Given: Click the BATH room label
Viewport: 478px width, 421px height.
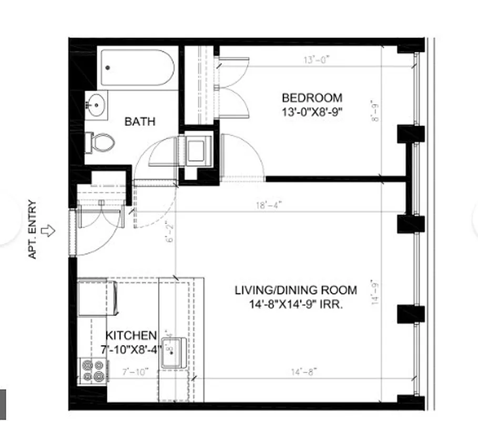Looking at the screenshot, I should pos(140,122).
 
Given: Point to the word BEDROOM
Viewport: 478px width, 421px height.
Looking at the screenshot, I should pos(312,98).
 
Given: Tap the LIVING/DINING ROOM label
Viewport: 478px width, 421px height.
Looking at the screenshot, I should pos(296,290).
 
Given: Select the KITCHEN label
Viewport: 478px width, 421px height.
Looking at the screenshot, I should pos(131,335).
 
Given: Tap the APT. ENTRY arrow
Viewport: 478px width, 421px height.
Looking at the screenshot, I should pos(48,230).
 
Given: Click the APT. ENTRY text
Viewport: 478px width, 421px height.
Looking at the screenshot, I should pos(33,229).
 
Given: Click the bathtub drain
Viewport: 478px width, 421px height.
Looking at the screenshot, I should pos(108,67).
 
